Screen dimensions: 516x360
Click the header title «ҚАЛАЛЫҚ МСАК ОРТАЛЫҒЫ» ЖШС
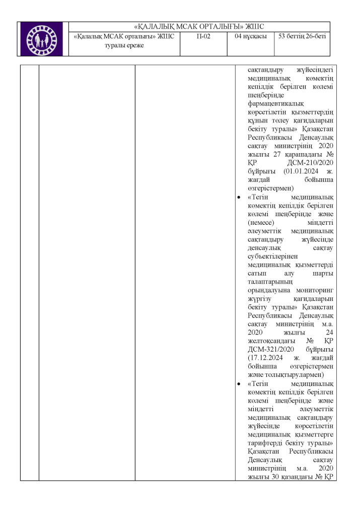pyautogui.click(x=199, y=27)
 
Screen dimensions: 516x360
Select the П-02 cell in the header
pyautogui.click(x=203, y=37)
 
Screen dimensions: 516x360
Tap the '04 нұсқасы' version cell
pyautogui.click(x=250, y=37)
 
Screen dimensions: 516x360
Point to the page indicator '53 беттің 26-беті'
pyautogui.click(x=302, y=37)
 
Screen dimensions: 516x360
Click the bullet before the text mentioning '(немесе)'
pyautogui.click(x=238, y=197)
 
